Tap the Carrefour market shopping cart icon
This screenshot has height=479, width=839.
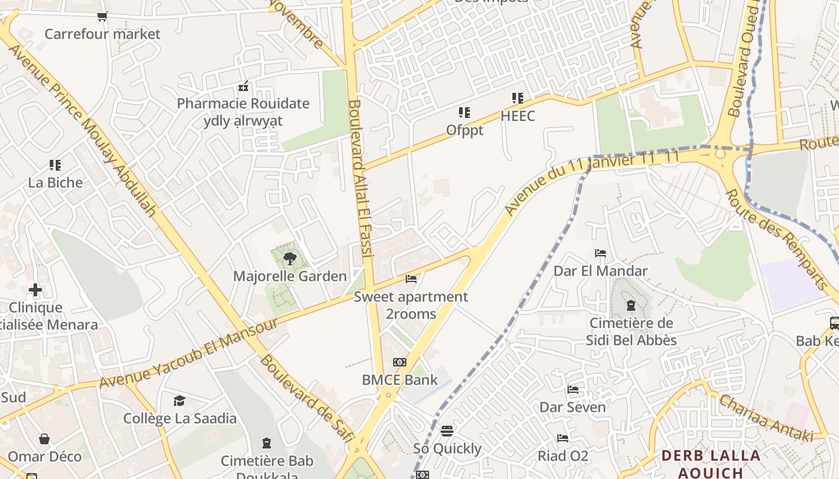tap(102, 16)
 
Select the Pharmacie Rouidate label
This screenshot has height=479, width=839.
tap(243, 104)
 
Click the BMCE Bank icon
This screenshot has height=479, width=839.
tap(400, 362)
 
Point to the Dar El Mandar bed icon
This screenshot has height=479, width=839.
tap(600, 253)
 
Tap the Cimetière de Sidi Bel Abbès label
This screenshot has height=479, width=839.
tap(632, 332)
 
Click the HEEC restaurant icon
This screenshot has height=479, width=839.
tap(518, 98)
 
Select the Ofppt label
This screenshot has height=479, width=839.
tap(464, 130)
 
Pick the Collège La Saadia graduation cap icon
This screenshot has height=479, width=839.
tap(179, 401)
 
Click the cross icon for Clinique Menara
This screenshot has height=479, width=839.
tap(35, 290)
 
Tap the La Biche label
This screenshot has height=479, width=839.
tap(56, 183)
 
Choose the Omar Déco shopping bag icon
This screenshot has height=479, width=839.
tap(44, 439)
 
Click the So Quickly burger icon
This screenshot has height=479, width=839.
tap(447, 431)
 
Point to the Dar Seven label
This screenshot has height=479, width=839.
tap(572, 407)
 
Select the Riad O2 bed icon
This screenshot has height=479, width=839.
tap(563, 438)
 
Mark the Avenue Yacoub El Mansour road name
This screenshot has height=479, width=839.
tap(189, 353)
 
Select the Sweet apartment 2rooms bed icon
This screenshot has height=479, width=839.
tap(411, 279)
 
